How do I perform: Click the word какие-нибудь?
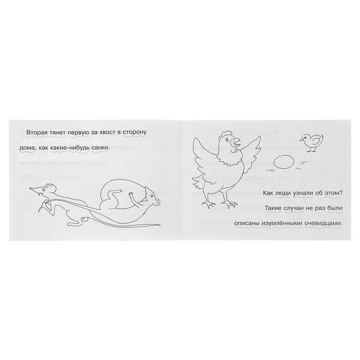coord(68,148)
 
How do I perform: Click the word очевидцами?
coord(323,224)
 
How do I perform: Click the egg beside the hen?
coord(283,163)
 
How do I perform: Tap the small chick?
coord(311,143)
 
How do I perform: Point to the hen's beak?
coord(237,142)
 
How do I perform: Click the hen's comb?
coord(226,133)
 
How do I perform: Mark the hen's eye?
coord(227,139)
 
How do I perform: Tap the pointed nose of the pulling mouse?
coord(31,189)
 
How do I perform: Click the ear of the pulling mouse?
coord(51,189)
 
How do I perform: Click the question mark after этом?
coord(340,193)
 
